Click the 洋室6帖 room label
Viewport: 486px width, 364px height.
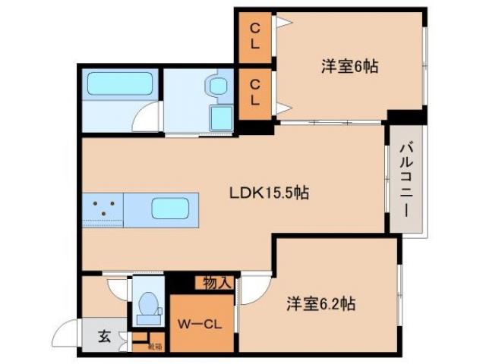349,67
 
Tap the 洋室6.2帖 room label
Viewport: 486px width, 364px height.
320,304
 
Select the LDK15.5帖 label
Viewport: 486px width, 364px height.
269,193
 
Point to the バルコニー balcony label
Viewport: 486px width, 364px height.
406,180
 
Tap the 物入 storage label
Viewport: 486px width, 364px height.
217,283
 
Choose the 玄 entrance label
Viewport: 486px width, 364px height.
104,337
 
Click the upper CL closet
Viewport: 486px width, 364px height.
254,36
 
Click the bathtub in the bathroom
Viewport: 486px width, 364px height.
120,83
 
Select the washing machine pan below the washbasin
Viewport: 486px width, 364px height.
221,118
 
